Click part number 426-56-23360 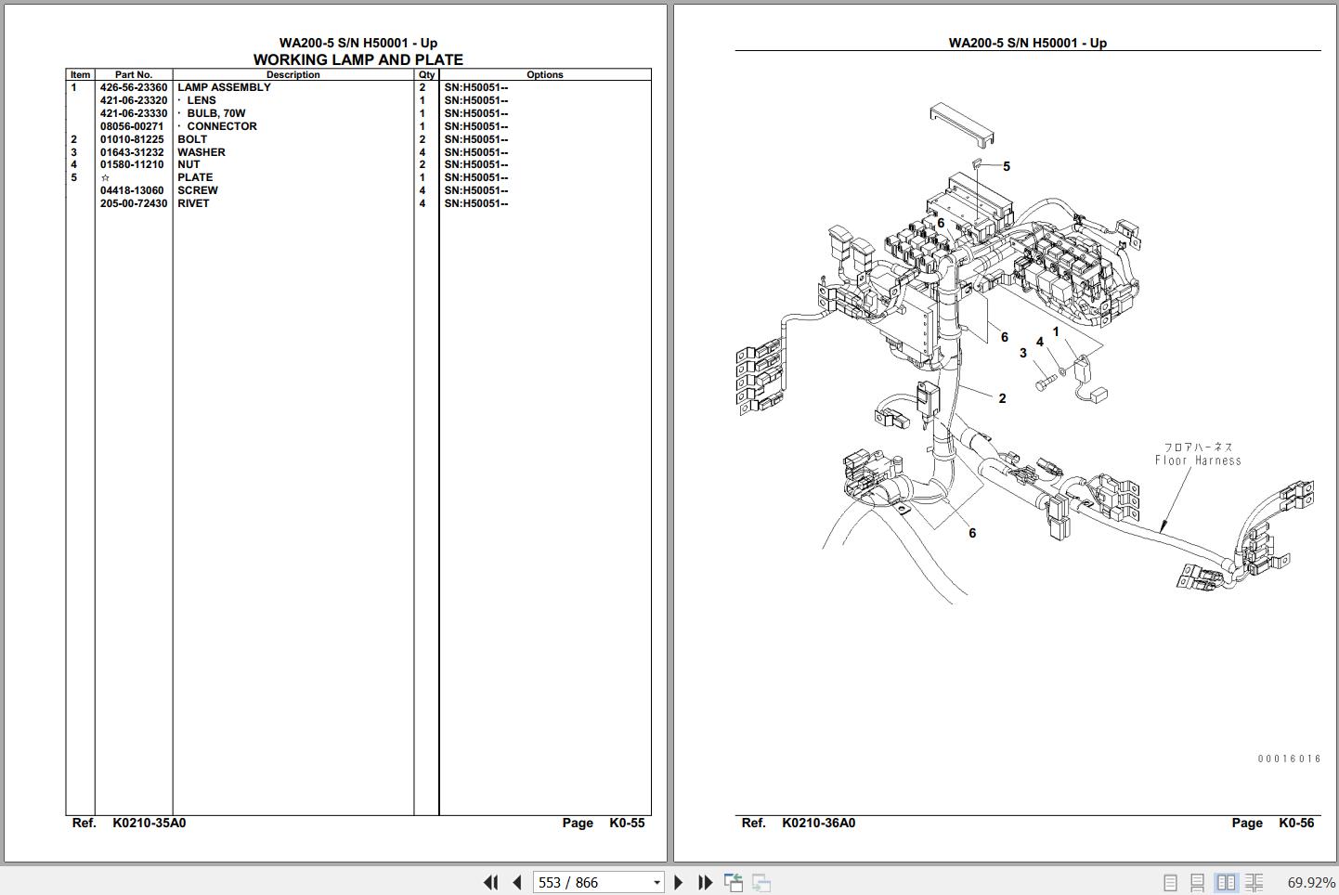(x=134, y=87)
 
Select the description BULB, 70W (x=215, y=113)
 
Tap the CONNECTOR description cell (x=222, y=126)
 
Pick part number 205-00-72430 (x=134, y=203)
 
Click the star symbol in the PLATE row (x=105, y=177)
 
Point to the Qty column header (x=426, y=74)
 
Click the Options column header (x=544, y=74)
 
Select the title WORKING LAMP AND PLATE (x=358, y=59)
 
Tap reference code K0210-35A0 (x=149, y=823)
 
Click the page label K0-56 (x=1296, y=823)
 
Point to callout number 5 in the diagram (x=1007, y=166)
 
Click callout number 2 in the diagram (x=1003, y=398)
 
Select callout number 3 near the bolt (x=1022, y=354)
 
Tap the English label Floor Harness (x=1198, y=460)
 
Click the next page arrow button (x=679, y=882)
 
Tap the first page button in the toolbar (x=491, y=882)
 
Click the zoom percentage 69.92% (x=1311, y=882)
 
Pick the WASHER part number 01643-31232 (x=132, y=152)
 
